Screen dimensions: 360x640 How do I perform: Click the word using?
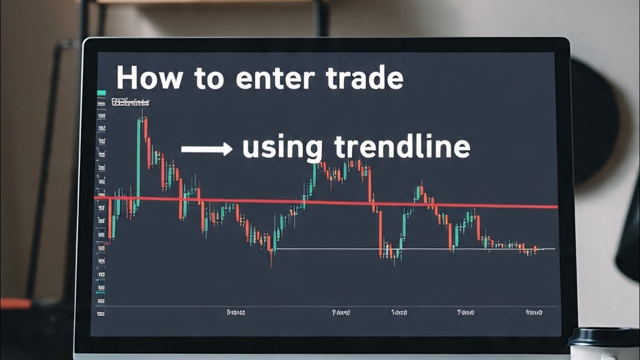pos(282,148)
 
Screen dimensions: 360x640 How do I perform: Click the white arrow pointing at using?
pos(206,148)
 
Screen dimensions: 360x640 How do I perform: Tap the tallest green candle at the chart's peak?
pos(138,160)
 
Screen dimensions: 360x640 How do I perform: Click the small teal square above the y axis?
pos(101,93)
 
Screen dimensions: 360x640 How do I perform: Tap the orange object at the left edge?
pos(15,303)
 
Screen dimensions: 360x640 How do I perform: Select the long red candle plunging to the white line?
pos(380,233)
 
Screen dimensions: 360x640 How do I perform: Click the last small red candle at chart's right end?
pos(535,249)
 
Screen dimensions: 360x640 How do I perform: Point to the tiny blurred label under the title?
pos(130,103)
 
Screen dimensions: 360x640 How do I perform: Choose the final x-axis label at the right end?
pos(534,312)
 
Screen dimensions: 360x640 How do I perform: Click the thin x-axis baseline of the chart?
pos(325,306)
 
